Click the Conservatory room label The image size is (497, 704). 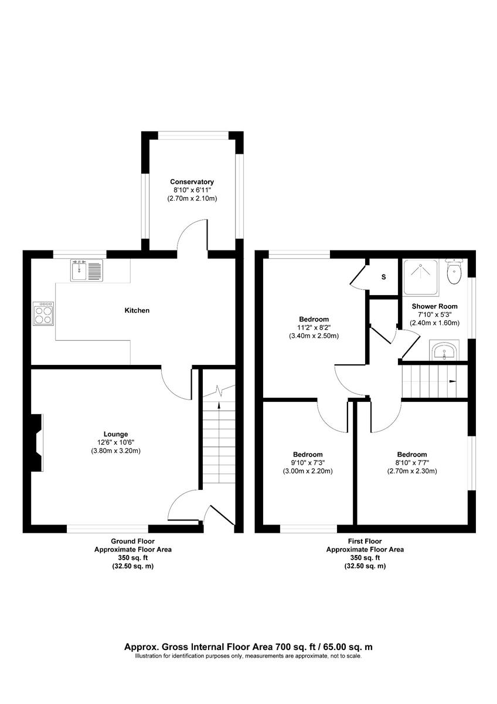[x=192, y=182]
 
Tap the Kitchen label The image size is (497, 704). [x=137, y=310]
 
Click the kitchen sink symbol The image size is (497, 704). [x=87, y=270]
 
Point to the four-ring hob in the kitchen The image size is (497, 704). [x=44, y=313]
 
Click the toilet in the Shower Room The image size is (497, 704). [x=454, y=272]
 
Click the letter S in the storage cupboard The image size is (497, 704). [x=384, y=277]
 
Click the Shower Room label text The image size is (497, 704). [x=434, y=306]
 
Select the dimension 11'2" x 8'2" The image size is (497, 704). [x=314, y=328]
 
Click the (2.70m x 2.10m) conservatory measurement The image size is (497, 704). [x=192, y=199]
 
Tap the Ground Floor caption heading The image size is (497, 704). [x=133, y=541]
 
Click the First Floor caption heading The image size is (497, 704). [x=365, y=541]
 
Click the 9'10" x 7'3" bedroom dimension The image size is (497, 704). [x=308, y=463]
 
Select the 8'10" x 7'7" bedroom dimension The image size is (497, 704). [x=411, y=462]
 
